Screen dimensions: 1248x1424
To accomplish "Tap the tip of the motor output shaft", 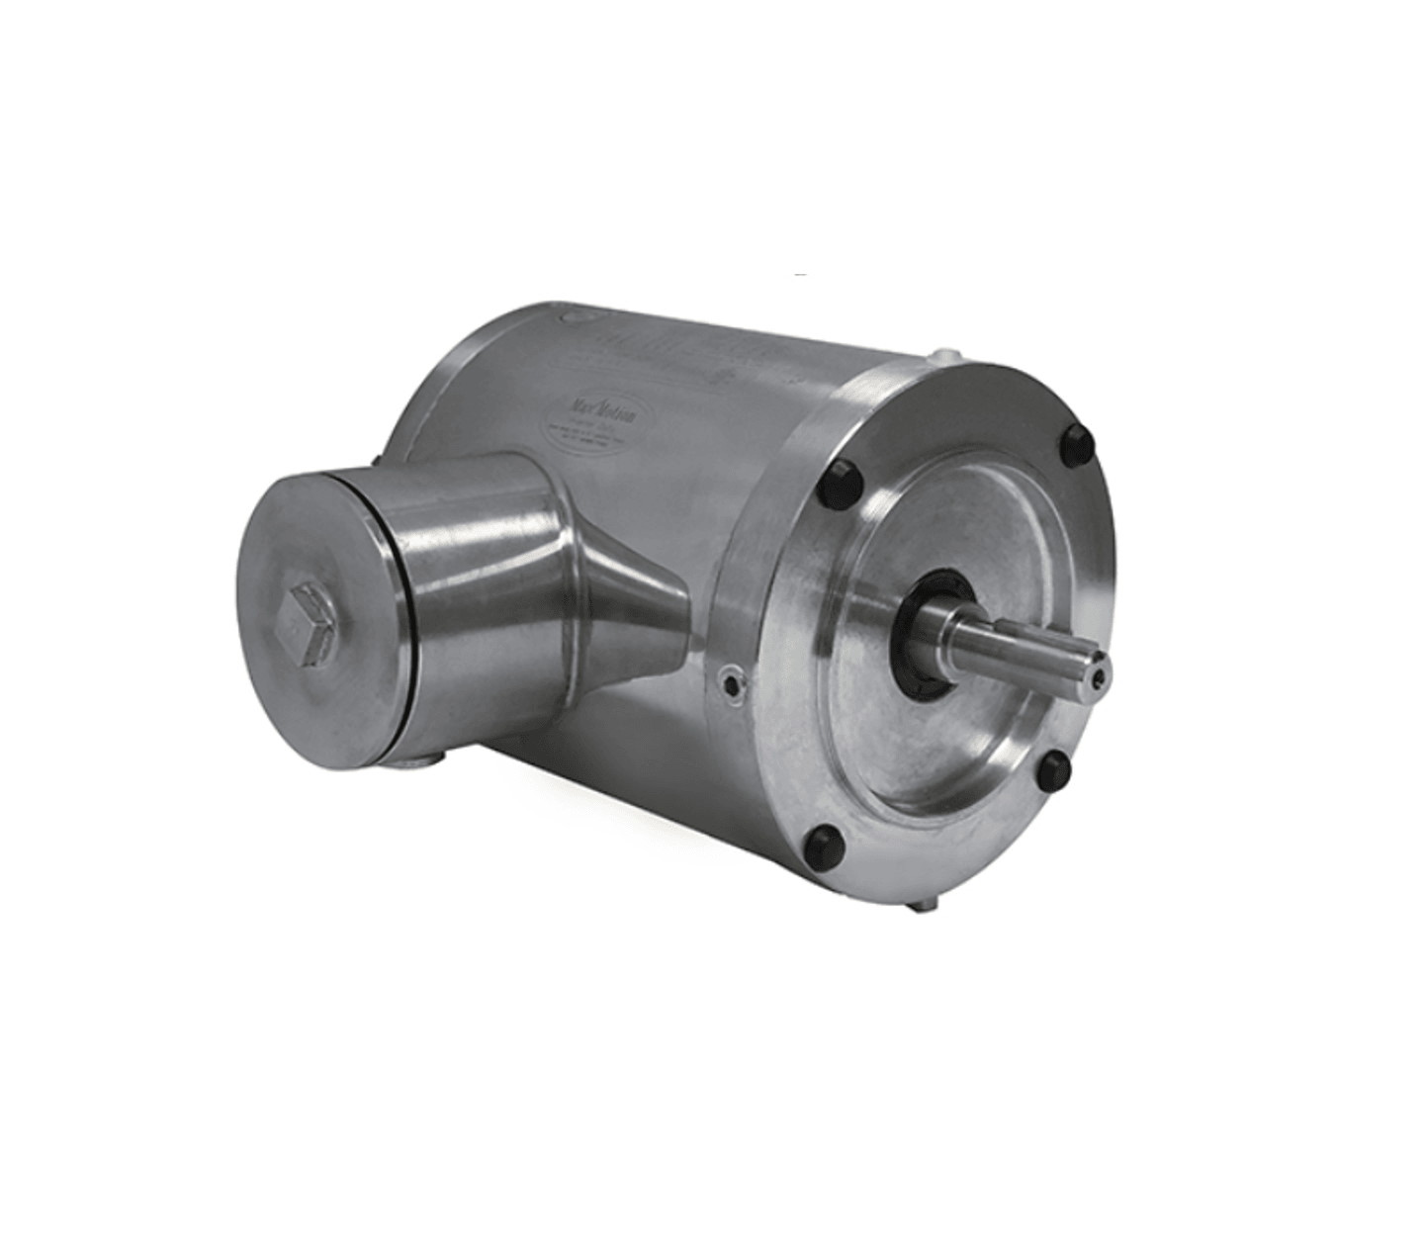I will [1100, 669].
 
